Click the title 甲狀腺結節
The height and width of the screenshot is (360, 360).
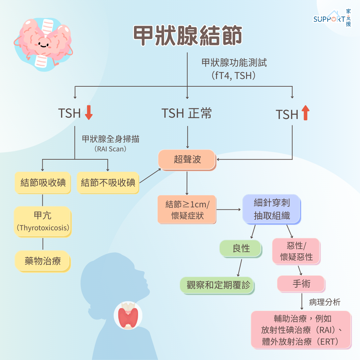(188, 36)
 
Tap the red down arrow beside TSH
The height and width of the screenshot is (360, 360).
(89, 113)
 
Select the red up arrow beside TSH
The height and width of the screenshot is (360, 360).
(305, 113)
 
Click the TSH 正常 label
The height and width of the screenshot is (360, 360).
(186, 113)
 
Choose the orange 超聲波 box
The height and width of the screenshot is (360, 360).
(187, 160)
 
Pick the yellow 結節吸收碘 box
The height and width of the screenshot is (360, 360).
(43, 183)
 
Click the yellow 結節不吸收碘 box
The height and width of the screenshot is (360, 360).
(108, 183)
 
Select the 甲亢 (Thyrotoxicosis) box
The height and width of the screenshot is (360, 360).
(43, 222)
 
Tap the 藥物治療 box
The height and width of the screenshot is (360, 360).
(43, 261)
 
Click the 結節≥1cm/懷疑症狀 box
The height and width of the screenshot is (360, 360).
(187, 210)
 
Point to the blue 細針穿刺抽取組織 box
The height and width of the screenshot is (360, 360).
(272, 209)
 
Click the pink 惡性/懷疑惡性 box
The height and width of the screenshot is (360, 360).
(296, 252)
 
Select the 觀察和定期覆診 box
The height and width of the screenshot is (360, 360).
(217, 285)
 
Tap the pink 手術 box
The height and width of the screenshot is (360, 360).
(301, 284)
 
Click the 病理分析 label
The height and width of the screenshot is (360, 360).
(324, 302)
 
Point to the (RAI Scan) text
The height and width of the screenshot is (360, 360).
(110, 149)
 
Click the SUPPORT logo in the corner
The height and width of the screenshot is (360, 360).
(332, 18)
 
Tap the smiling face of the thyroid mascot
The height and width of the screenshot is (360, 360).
(43, 44)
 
